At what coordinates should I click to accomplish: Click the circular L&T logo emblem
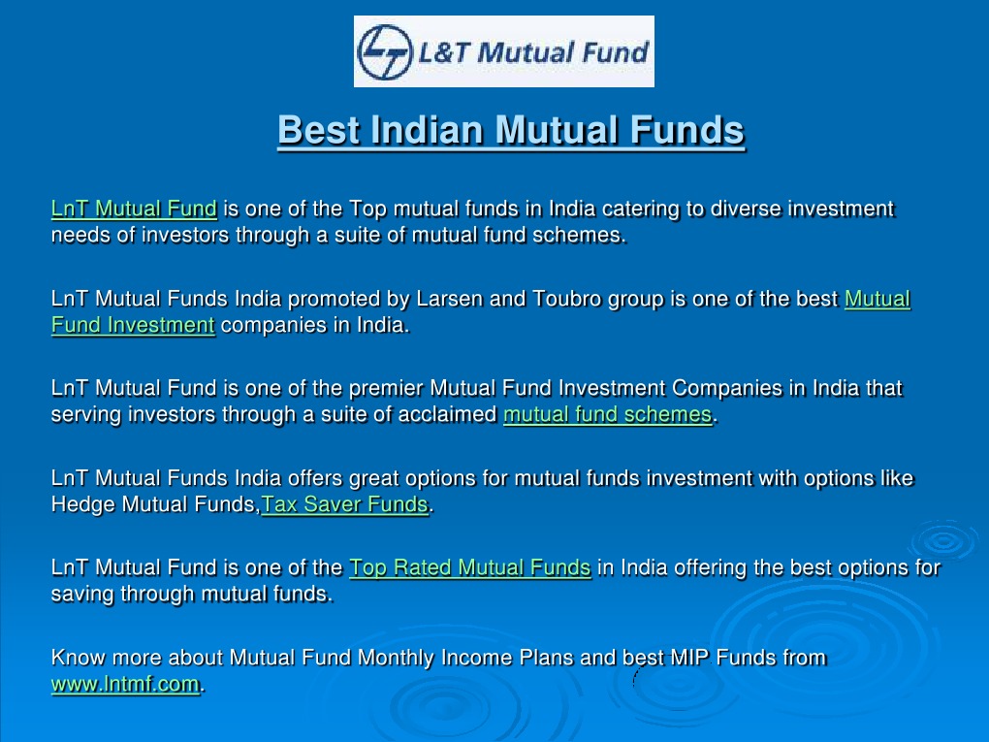coord(385,51)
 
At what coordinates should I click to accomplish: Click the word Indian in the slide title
coord(427,130)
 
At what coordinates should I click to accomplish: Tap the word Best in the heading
coord(319,130)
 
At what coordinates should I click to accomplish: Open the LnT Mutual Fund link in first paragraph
coord(135,209)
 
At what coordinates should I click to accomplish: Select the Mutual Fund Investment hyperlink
coord(481,311)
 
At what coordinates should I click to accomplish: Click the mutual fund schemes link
coord(607,414)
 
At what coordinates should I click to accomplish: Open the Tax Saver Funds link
coord(345,504)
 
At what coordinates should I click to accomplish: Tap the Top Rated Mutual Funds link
coord(470,567)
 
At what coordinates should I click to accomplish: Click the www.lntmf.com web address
coord(125,684)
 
